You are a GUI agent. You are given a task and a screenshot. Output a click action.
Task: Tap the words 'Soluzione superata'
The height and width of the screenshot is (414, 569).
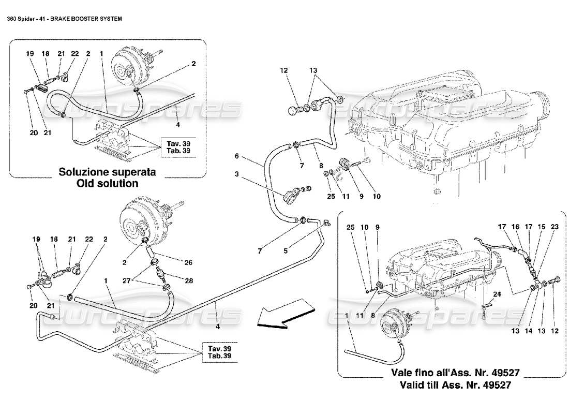pos(107,171)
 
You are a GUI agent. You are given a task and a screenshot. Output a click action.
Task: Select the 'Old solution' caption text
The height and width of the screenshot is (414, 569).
pos(107,183)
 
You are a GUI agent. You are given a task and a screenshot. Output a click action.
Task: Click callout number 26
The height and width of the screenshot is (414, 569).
pos(188,263)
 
